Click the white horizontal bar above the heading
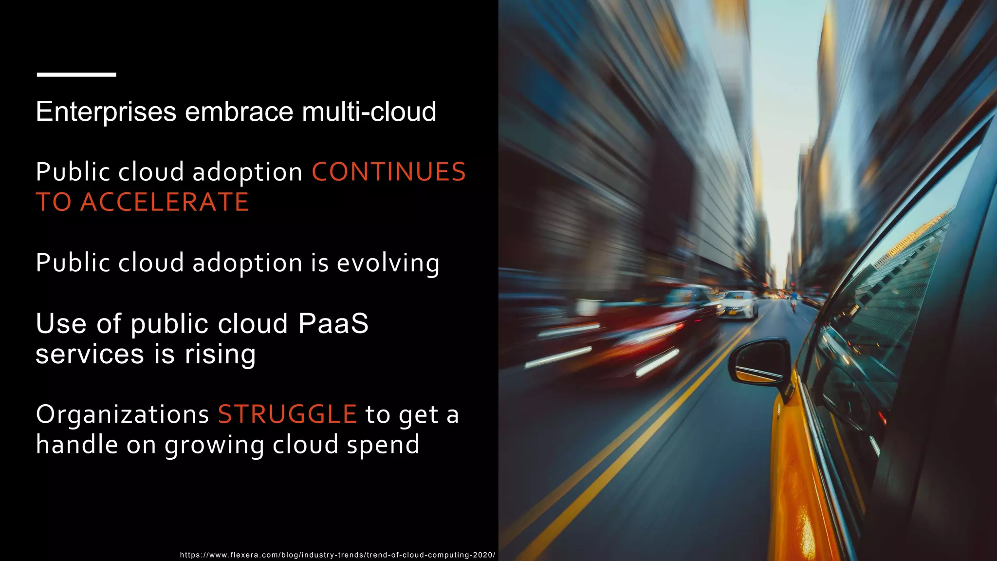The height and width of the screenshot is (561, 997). (x=76, y=75)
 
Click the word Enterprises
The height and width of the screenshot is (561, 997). (x=106, y=112)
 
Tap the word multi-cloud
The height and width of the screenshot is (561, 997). (x=369, y=112)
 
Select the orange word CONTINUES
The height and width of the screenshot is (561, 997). (x=388, y=172)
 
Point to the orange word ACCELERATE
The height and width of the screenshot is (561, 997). (x=165, y=203)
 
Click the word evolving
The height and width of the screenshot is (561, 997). (x=388, y=263)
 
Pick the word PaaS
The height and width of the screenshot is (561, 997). (x=333, y=324)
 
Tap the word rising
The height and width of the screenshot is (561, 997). (x=220, y=354)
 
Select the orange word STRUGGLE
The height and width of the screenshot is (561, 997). (x=287, y=415)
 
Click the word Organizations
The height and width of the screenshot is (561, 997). (x=122, y=415)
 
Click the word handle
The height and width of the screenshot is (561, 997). (x=77, y=445)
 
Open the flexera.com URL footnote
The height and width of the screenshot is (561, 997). (x=337, y=555)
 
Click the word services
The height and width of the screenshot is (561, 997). (x=90, y=354)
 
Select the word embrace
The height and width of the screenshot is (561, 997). (x=239, y=112)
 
